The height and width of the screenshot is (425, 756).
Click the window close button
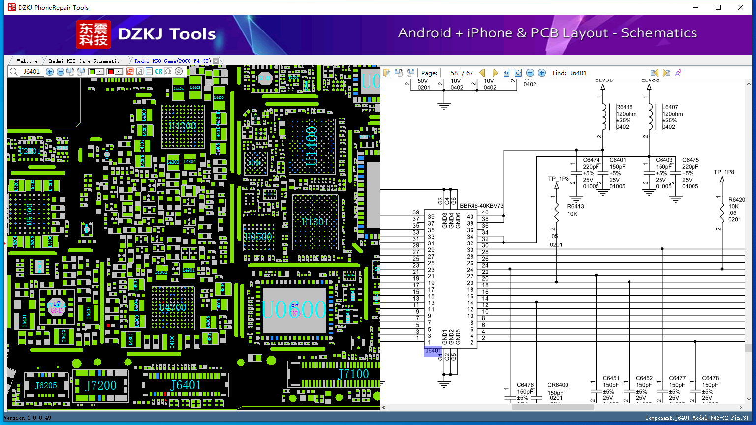point(741,7)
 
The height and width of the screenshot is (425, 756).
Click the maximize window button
point(718,7)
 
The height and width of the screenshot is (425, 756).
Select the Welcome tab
point(27,61)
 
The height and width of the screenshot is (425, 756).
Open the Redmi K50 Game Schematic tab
point(84,61)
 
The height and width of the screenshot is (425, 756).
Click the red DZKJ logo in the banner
point(94,34)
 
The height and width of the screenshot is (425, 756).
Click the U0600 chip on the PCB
point(294,310)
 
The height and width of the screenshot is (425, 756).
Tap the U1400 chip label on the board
point(312,146)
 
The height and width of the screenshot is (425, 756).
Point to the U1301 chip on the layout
point(315,222)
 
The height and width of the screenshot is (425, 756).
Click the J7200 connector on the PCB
point(101,385)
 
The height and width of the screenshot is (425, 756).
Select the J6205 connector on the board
point(46,385)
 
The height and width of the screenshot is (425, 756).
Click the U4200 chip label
point(183,126)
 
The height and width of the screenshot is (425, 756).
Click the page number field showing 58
point(450,73)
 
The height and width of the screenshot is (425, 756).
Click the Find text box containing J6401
point(607,73)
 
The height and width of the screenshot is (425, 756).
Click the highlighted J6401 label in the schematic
point(433,351)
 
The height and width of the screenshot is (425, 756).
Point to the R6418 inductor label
point(625,107)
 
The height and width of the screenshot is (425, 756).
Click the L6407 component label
point(670,107)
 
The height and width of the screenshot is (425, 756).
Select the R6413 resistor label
point(575,207)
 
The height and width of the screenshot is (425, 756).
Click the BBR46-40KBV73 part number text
point(481,206)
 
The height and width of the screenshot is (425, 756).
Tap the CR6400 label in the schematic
point(558,385)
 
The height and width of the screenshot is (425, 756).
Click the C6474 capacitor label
point(591,160)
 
